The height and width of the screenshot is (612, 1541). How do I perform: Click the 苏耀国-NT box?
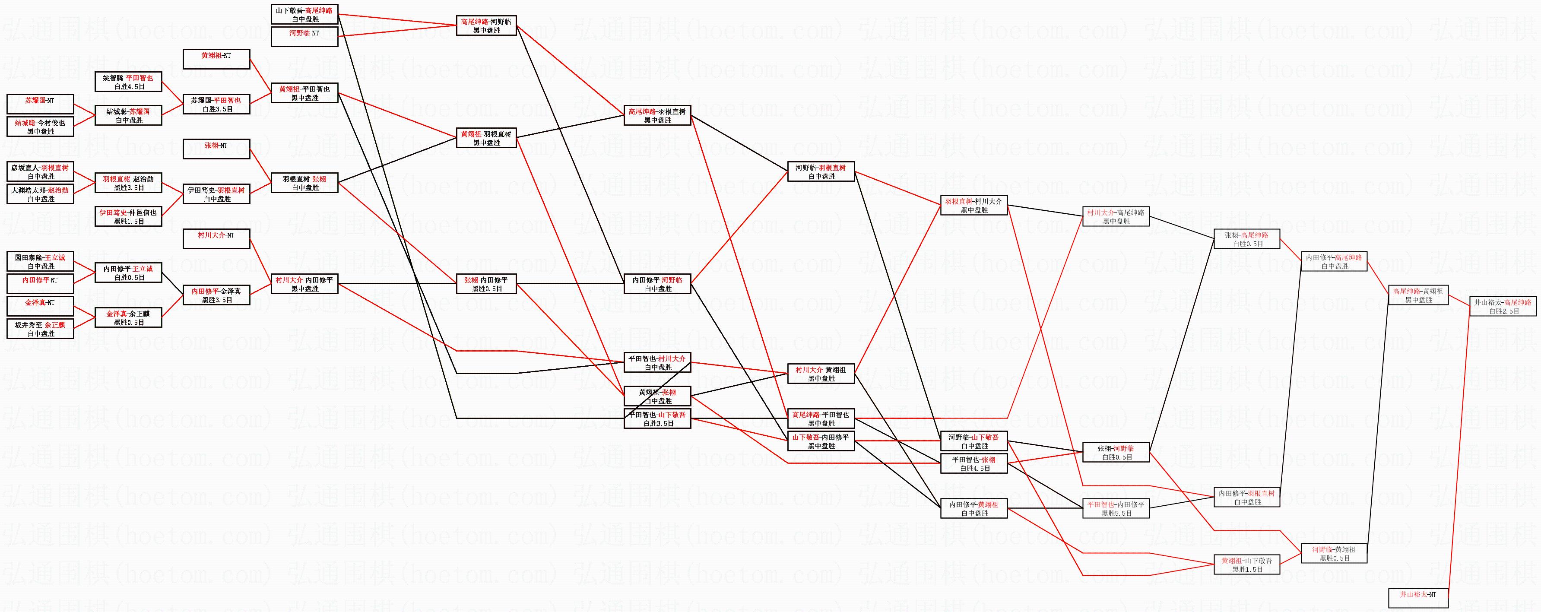coord(40,104)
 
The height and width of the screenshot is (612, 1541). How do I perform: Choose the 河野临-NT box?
coord(304,36)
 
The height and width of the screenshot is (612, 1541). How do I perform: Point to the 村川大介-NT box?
coord(216,239)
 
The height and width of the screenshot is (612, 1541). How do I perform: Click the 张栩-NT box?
coord(216,149)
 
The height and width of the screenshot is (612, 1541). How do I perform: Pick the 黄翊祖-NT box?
coord(216,59)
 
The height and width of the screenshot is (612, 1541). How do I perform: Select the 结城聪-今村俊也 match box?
coord(40,127)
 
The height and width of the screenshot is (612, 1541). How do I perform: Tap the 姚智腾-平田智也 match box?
coord(128,82)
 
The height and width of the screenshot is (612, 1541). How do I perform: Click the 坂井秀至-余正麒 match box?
coord(40,329)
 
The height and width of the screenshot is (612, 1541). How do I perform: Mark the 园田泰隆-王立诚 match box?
coord(40,261)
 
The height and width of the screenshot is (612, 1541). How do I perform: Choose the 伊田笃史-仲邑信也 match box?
coord(128,216)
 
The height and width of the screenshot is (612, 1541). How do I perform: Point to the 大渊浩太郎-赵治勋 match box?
coord(40,194)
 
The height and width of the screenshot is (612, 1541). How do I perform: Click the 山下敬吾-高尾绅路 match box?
coord(304,14)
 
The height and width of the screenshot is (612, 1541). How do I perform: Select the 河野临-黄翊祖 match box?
coord(1334,553)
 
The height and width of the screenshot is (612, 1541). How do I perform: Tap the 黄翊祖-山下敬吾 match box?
coord(1247,565)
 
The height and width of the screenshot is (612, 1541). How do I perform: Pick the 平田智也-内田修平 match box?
coord(1116,508)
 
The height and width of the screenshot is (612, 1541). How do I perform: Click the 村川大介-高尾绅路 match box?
coord(1116,216)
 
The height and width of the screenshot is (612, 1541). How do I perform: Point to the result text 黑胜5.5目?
coord(1116,513)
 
